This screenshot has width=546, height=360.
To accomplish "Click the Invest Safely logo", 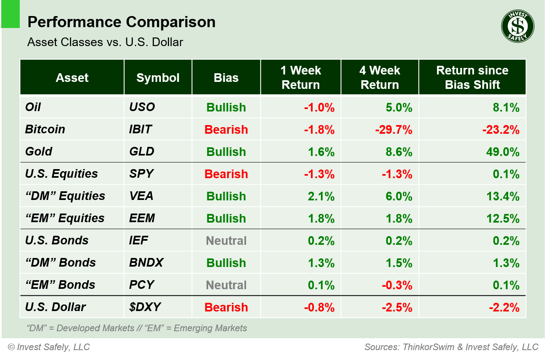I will (518, 26).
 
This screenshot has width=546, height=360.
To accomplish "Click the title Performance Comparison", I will (121, 22).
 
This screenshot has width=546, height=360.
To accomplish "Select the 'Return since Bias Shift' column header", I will (472, 77).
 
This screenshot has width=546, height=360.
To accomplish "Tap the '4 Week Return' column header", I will (379, 77).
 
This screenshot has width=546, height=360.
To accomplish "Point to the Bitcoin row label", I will (45, 129).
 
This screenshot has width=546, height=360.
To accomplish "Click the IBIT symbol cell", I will (140, 129).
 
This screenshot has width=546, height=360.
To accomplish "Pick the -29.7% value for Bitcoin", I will (393, 130).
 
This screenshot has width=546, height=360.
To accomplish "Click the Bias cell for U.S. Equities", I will (226, 174).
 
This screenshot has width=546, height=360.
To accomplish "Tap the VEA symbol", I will (141, 196).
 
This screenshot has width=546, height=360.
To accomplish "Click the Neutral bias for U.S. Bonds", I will (226, 241).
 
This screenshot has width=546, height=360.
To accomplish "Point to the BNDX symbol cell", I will (146, 263).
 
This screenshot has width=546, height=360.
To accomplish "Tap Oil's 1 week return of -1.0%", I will (319, 107).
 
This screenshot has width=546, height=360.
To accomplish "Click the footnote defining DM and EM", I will (137, 328).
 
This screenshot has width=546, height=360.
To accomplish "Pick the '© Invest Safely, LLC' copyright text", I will (49, 347).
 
